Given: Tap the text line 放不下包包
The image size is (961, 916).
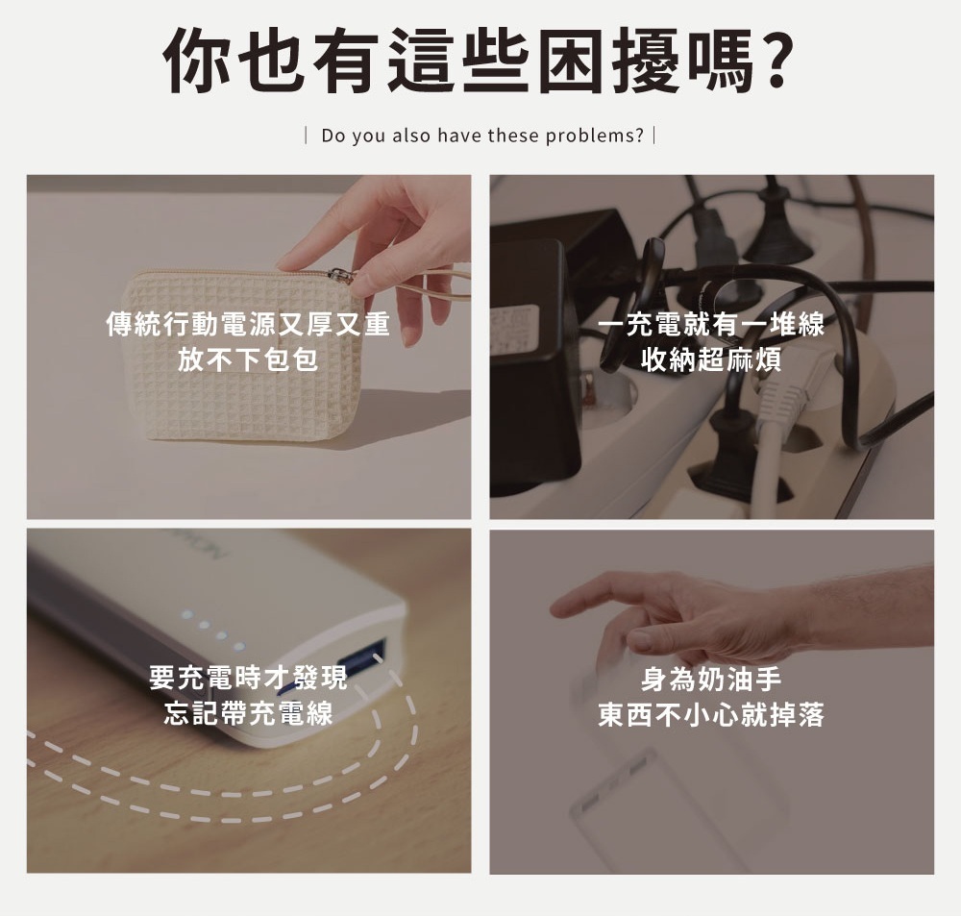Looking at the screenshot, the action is pos(248,359).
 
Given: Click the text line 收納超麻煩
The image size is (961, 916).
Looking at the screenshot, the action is pos(711,359).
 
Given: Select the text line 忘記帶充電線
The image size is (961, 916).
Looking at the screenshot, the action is pos(248,712).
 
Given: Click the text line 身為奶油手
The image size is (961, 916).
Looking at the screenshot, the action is pos(711,679).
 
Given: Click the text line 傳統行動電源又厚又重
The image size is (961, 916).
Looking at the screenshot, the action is pos(248,324).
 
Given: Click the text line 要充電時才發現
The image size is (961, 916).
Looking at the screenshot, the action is pos(248,678).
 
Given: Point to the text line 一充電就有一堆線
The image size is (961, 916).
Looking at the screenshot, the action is pos(711,324).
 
